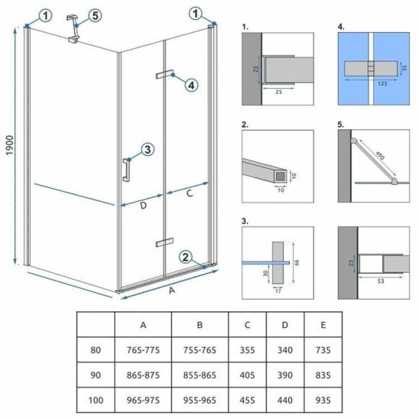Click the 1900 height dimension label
(x=10, y=145)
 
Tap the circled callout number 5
(x=96, y=15)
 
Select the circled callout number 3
(x=148, y=149)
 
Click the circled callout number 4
(x=191, y=86)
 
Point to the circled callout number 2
(x=186, y=258)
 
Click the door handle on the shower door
(x=126, y=170)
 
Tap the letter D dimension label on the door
(x=144, y=205)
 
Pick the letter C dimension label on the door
(x=190, y=193)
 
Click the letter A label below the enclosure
(x=172, y=291)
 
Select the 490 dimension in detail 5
(x=380, y=155)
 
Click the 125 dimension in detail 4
(x=382, y=83)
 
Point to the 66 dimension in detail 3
(x=297, y=262)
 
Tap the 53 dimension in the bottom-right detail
(x=381, y=281)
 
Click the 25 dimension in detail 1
(x=278, y=92)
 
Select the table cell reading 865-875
(x=143, y=375)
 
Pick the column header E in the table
(x=323, y=325)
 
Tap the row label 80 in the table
(x=96, y=350)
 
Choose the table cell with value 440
(x=285, y=401)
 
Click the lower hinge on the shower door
(x=164, y=242)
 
